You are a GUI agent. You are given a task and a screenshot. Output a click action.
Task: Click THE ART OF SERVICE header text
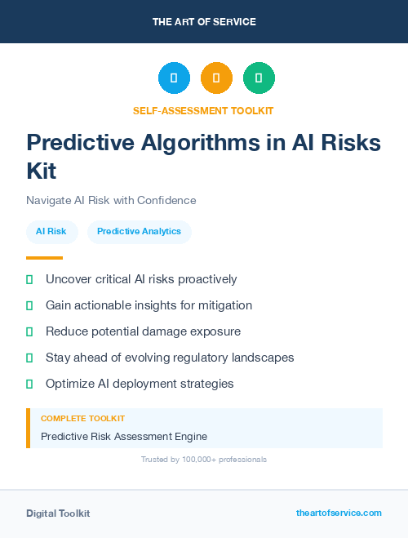204,22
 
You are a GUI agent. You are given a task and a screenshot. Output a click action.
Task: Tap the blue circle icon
174,78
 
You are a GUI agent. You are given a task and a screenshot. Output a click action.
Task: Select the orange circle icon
216,78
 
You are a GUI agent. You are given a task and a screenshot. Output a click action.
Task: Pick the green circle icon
259,78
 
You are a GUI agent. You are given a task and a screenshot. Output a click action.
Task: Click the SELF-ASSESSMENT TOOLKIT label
203,110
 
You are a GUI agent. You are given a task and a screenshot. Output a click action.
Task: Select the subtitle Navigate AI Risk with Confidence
111,200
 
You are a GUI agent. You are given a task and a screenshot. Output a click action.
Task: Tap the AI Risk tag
51,231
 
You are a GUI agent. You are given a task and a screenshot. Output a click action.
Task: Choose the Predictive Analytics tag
139,231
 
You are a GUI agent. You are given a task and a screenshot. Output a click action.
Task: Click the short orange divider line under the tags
44,258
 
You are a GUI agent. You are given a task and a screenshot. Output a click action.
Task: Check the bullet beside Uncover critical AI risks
29,279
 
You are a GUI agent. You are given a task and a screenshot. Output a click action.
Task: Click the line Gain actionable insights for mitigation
149,305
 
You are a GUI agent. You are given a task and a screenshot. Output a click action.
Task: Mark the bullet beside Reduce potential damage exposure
29,331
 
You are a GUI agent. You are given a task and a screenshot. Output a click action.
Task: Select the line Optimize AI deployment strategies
140,384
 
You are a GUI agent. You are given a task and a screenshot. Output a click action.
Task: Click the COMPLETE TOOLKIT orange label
82,418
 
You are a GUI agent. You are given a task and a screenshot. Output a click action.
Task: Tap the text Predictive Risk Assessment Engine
124,436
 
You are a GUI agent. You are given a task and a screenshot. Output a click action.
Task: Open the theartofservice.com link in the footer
339,513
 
